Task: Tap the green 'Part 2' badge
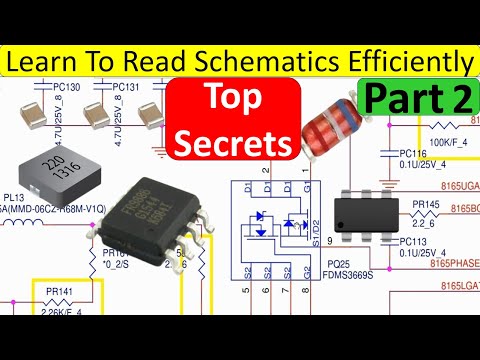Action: [419, 98]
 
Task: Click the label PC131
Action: [126, 87]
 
